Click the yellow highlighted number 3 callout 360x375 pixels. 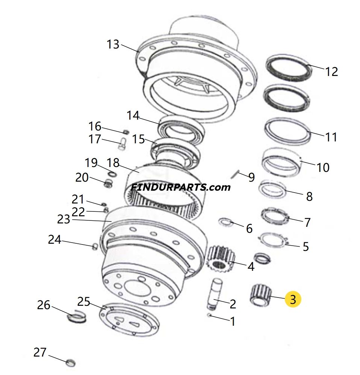(293, 299)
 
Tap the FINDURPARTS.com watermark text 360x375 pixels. (180, 187)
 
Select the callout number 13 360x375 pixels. (113, 45)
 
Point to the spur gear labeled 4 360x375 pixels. (221, 260)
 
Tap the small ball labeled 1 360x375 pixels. (210, 315)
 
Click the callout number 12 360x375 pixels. (331, 71)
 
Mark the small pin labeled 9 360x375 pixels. (235, 174)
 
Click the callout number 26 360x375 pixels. (44, 305)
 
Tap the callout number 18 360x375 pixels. (113, 163)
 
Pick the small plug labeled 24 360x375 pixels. (95, 246)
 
